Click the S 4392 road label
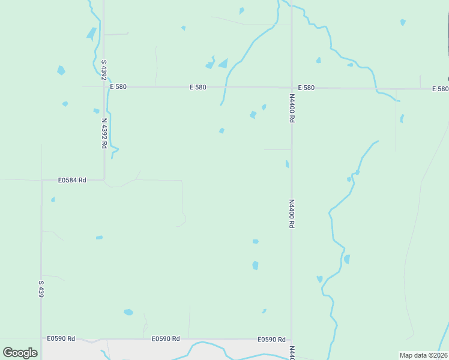click(x=104, y=70)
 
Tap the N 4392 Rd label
click(x=104, y=133)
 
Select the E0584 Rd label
click(x=72, y=180)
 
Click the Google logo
click(x=20, y=353)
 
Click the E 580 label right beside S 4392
click(x=118, y=87)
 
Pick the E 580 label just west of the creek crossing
click(x=197, y=87)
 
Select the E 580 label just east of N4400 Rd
click(x=306, y=88)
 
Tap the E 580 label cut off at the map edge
click(x=439, y=89)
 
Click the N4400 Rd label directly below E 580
click(x=292, y=108)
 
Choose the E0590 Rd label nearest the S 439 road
click(x=62, y=338)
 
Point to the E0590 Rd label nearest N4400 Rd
click(x=271, y=339)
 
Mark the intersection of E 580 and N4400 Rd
click(x=292, y=88)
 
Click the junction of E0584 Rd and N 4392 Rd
click(x=104, y=179)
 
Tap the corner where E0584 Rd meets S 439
click(x=41, y=180)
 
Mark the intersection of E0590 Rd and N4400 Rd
click(x=292, y=339)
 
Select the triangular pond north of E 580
click(x=223, y=63)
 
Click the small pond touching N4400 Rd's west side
click(x=288, y=164)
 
